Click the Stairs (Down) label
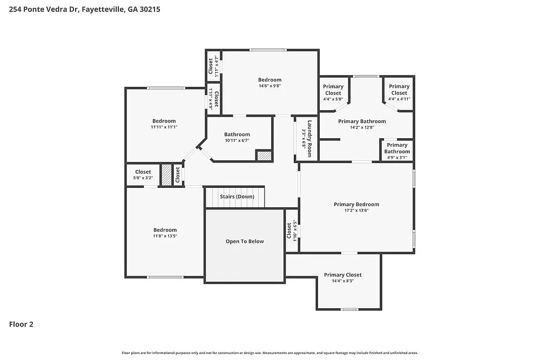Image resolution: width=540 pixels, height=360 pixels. pos(237,196)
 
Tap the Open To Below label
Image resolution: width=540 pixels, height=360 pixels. pos(245,241)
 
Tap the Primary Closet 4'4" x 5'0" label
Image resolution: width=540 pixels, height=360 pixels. pos(333,90)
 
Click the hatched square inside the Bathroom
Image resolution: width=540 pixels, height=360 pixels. pos(263,155)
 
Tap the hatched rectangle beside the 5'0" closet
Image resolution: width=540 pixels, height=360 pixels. pos(166,175)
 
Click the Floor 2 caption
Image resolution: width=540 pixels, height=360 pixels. pos(21,324)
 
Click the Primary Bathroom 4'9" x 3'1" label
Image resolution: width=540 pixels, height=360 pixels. pos(397,148)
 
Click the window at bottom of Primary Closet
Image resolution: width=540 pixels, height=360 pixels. pos(349,309)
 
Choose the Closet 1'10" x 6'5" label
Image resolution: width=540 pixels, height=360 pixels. pos(292,230)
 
